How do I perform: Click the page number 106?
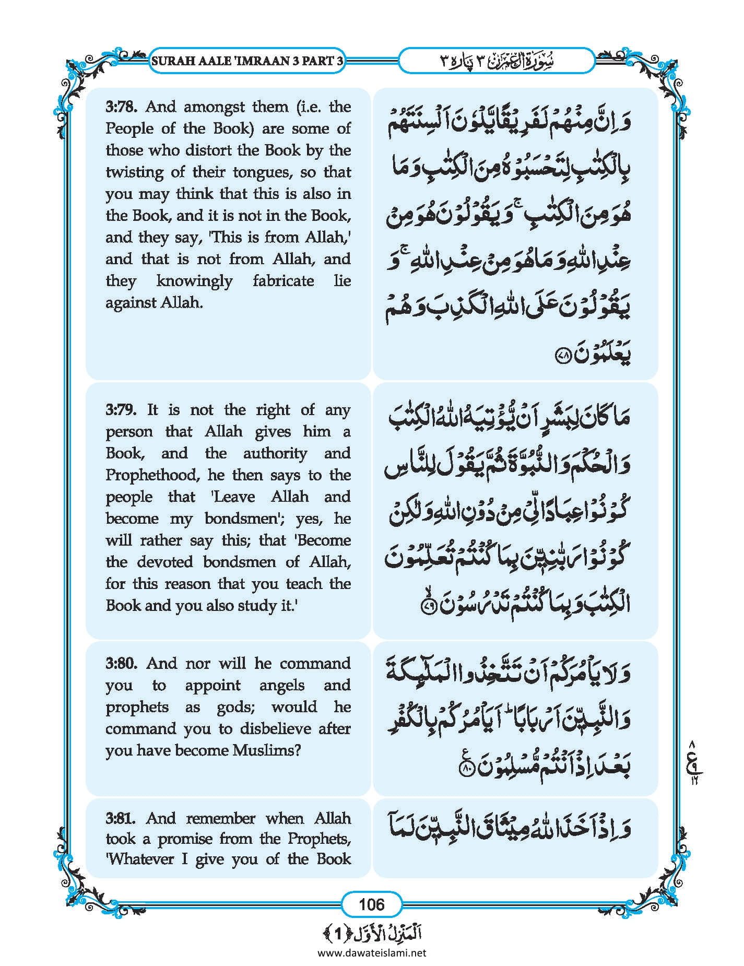coord(371,904)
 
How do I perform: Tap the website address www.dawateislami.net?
coord(372,952)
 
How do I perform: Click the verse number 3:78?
coord(121,107)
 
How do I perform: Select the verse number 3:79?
coord(121,410)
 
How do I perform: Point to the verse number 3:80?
coord(121,664)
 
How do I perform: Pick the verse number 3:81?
coord(121,818)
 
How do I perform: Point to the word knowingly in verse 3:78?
coord(194,281)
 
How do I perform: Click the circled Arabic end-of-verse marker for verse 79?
coord(427,606)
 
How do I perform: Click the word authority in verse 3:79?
coord(275,453)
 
